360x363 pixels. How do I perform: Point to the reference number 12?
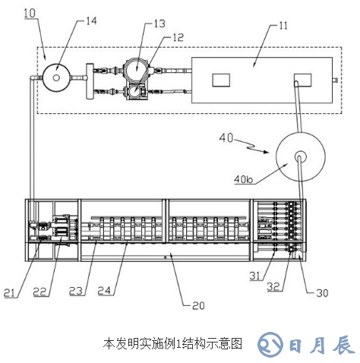(176, 36)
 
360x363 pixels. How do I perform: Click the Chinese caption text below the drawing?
(172, 344)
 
